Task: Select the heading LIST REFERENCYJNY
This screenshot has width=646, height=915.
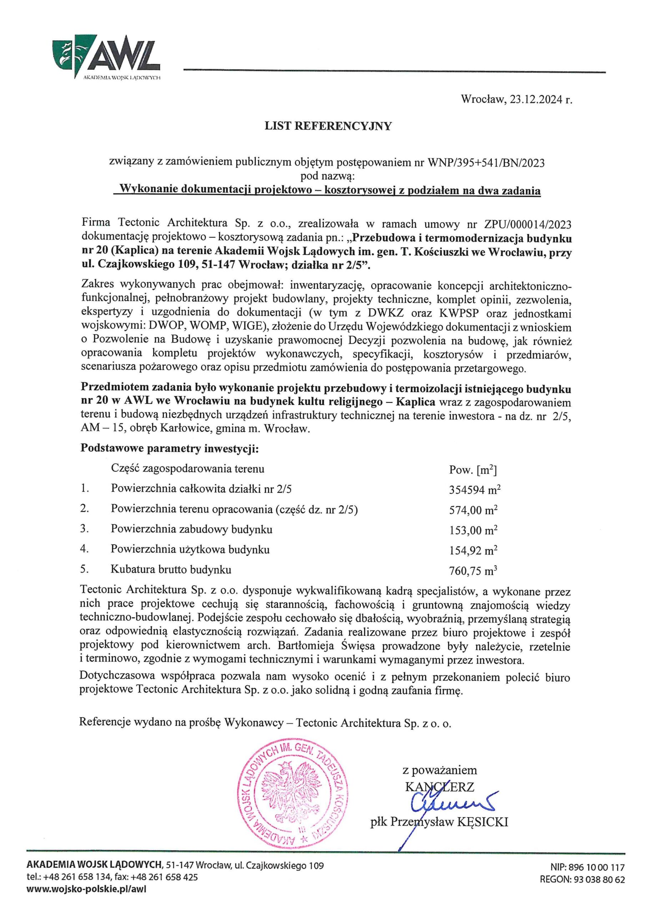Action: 328,126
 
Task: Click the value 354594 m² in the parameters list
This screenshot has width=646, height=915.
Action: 474,490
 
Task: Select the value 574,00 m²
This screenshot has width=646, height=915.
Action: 473,510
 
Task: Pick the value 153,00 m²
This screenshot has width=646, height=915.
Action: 473,530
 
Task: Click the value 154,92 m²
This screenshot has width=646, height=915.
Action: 473,550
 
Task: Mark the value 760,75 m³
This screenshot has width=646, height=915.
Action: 473,571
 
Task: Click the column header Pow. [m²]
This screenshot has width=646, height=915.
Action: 473,470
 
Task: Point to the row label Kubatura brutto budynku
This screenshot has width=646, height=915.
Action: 171,569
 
